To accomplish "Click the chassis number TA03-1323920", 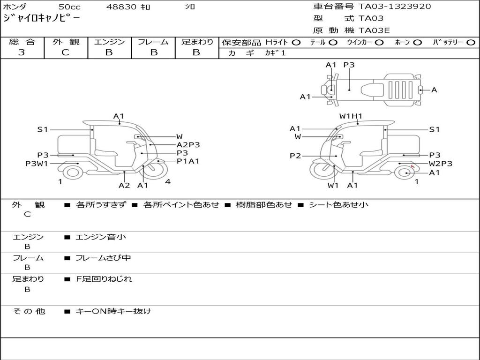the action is pos(395,7).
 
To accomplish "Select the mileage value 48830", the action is pos(121,7).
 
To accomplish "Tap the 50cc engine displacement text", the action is pos(69,7).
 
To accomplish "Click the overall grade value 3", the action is pos(22,52).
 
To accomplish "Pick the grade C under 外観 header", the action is pos(65,52).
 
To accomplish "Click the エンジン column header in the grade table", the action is pos(109,42).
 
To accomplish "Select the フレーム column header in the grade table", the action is pos(153,42).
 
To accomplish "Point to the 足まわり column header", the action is pos(197,42).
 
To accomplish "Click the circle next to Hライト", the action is pos(296,42).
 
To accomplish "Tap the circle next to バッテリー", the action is pos(471,42).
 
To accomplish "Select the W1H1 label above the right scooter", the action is pos(351,116).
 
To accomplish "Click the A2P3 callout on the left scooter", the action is pos(188,145).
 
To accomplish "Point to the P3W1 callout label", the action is pos(37,164).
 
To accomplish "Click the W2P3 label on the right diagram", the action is pos(441,164).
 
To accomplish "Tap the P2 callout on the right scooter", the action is pos(295,156).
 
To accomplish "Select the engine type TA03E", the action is pos(374,30).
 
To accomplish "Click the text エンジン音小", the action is pos(101,237).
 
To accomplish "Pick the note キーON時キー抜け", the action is pos(113,311).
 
